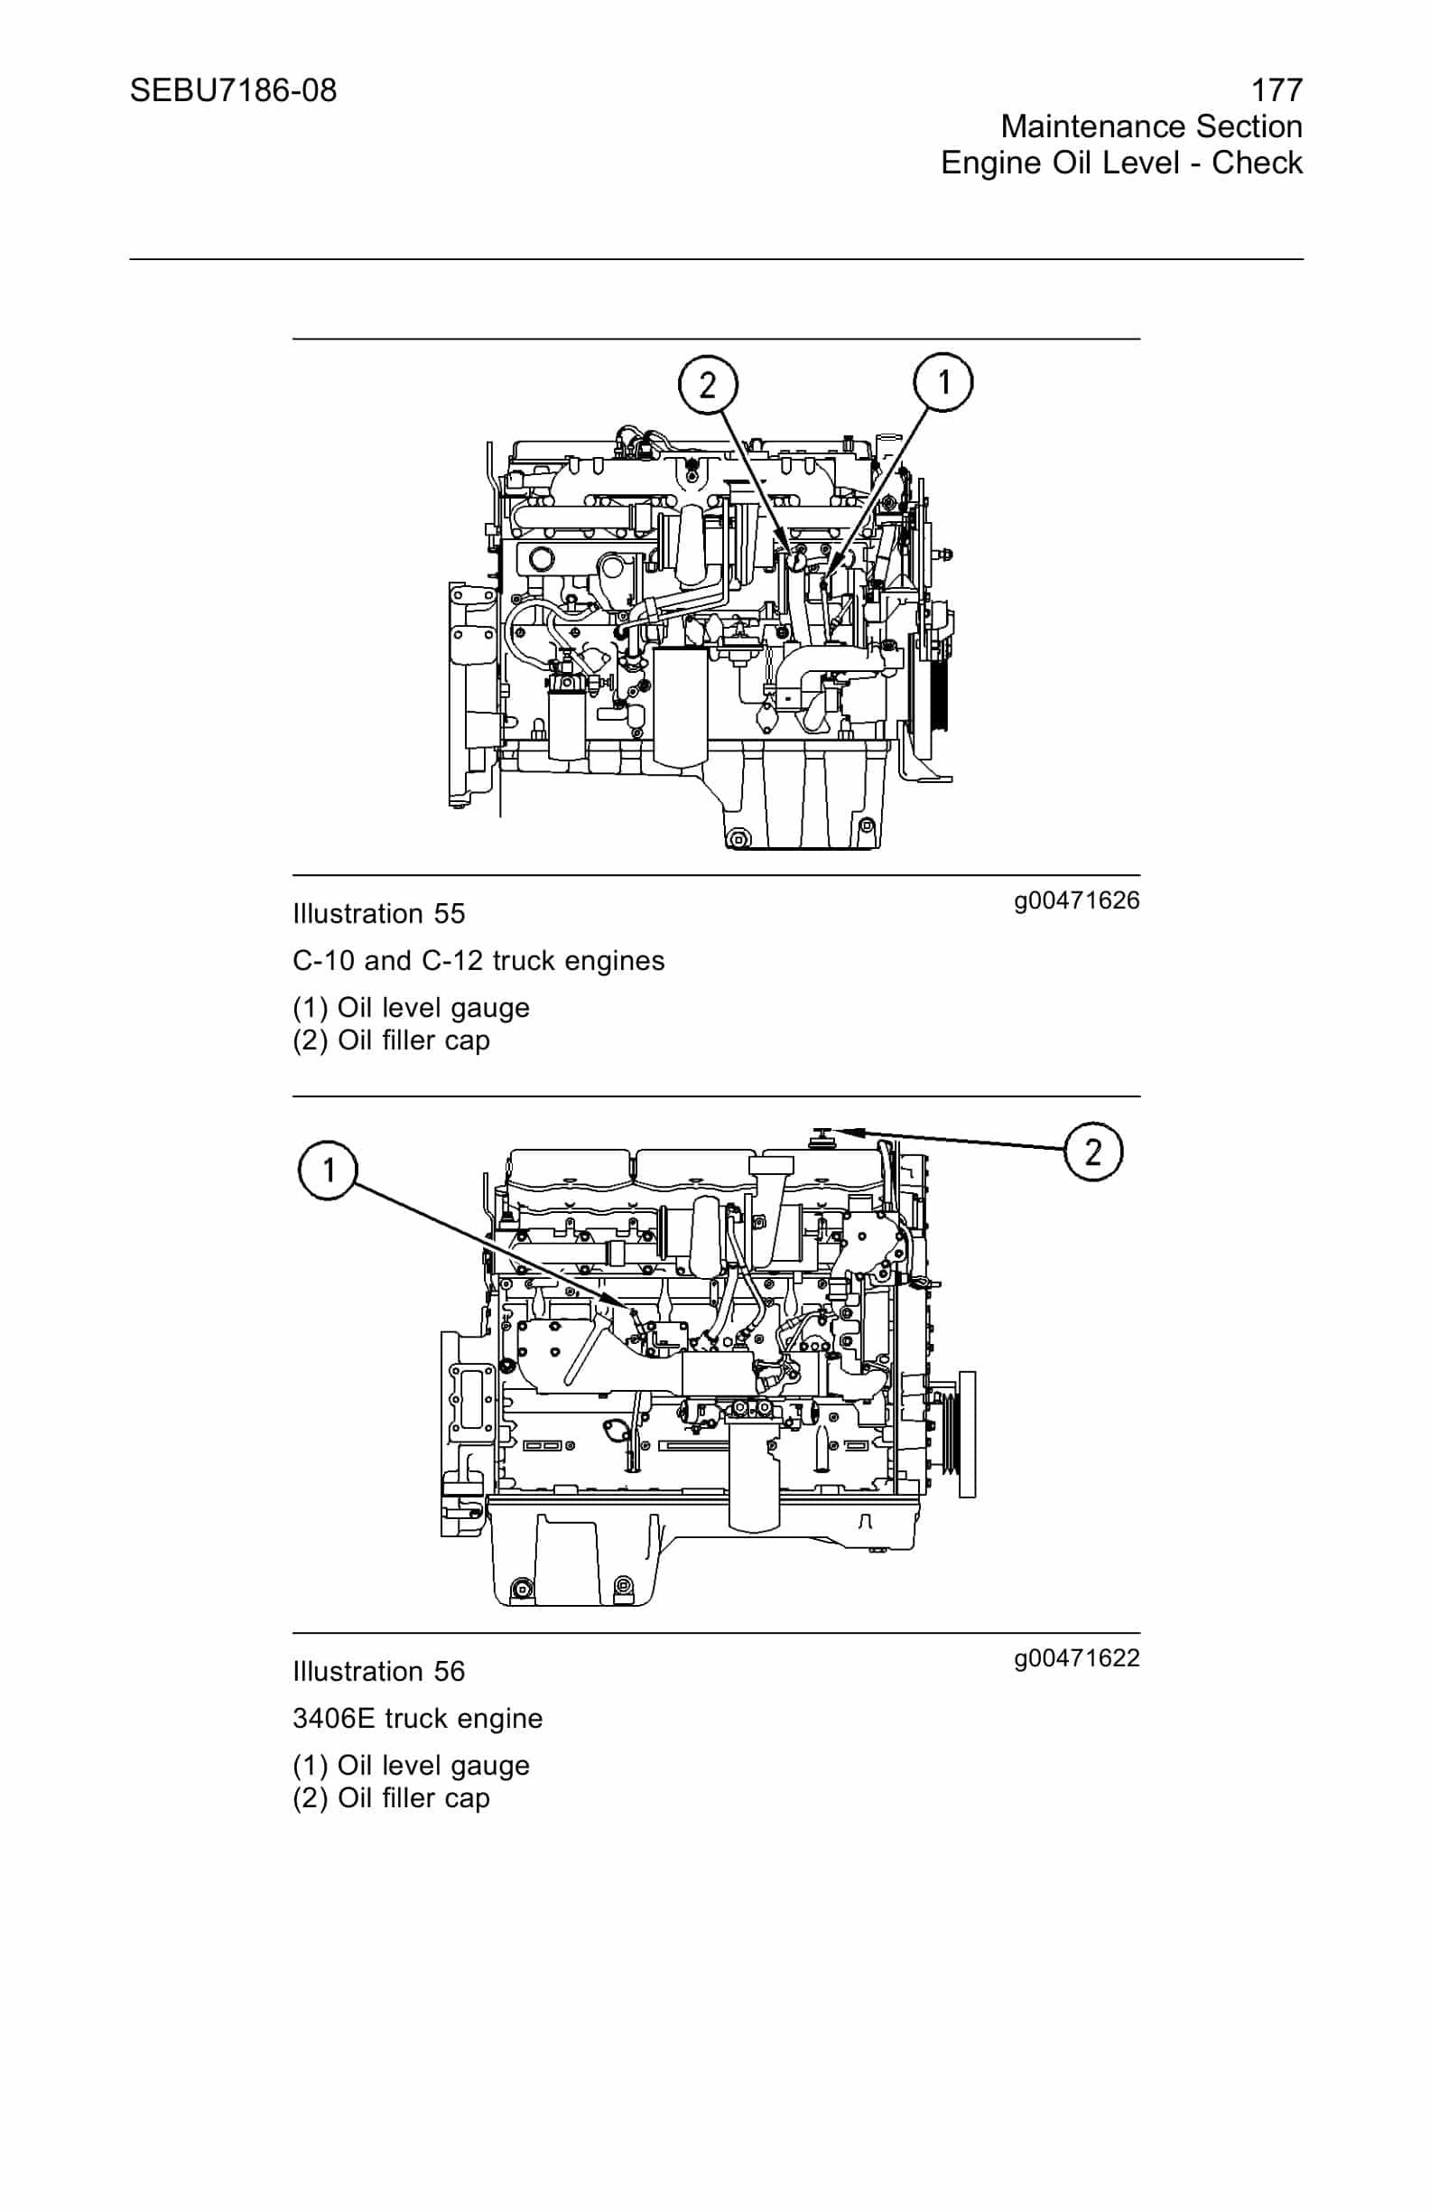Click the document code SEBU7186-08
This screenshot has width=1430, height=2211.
(x=233, y=91)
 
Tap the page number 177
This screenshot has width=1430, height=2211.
(x=1276, y=91)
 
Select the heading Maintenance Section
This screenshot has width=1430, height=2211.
(x=1150, y=126)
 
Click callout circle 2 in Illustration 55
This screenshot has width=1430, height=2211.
(x=708, y=385)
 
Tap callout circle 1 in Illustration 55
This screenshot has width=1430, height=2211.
(x=943, y=382)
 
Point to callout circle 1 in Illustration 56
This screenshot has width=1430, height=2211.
(x=328, y=1170)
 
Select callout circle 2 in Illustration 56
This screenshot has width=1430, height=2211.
(x=1093, y=1152)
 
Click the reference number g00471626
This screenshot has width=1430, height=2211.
(x=1076, y=900)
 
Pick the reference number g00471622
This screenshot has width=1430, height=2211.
(x=1076, y=1658)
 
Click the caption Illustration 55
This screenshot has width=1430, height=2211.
(x=378, y=914)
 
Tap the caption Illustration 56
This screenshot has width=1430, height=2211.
(x=378, y=1672)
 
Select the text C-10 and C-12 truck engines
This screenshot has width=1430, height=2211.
(x=478, y=961)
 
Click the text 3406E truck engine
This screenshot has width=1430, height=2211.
(x=417, y=1719)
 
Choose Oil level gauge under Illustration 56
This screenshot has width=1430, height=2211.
(x=432, y=1765)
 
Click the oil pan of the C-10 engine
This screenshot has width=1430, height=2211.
(x=799, y=799)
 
